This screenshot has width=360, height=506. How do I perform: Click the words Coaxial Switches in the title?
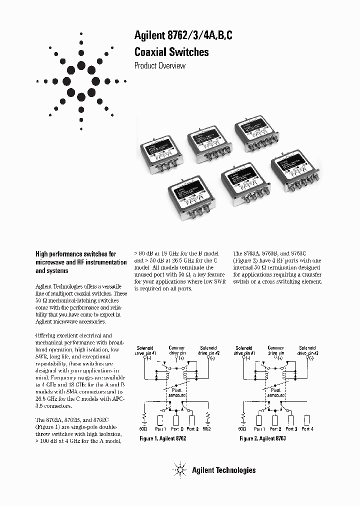point(171,51)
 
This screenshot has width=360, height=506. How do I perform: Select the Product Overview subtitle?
point(160,66)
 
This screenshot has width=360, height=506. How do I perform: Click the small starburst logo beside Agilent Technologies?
point(179,470)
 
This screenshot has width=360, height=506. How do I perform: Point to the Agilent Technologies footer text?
point(223,470)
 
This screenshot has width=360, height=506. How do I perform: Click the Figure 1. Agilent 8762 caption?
point(163,438)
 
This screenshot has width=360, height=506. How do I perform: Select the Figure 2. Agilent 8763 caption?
point(262,438)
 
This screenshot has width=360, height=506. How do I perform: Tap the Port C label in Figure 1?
point(177,429)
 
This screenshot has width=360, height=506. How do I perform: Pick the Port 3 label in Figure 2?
point(292,429)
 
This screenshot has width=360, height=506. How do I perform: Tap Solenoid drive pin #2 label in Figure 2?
point(307,350)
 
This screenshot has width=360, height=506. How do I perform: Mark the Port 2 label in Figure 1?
point(193,429)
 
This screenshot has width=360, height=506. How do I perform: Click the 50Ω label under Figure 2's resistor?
point(242,429)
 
